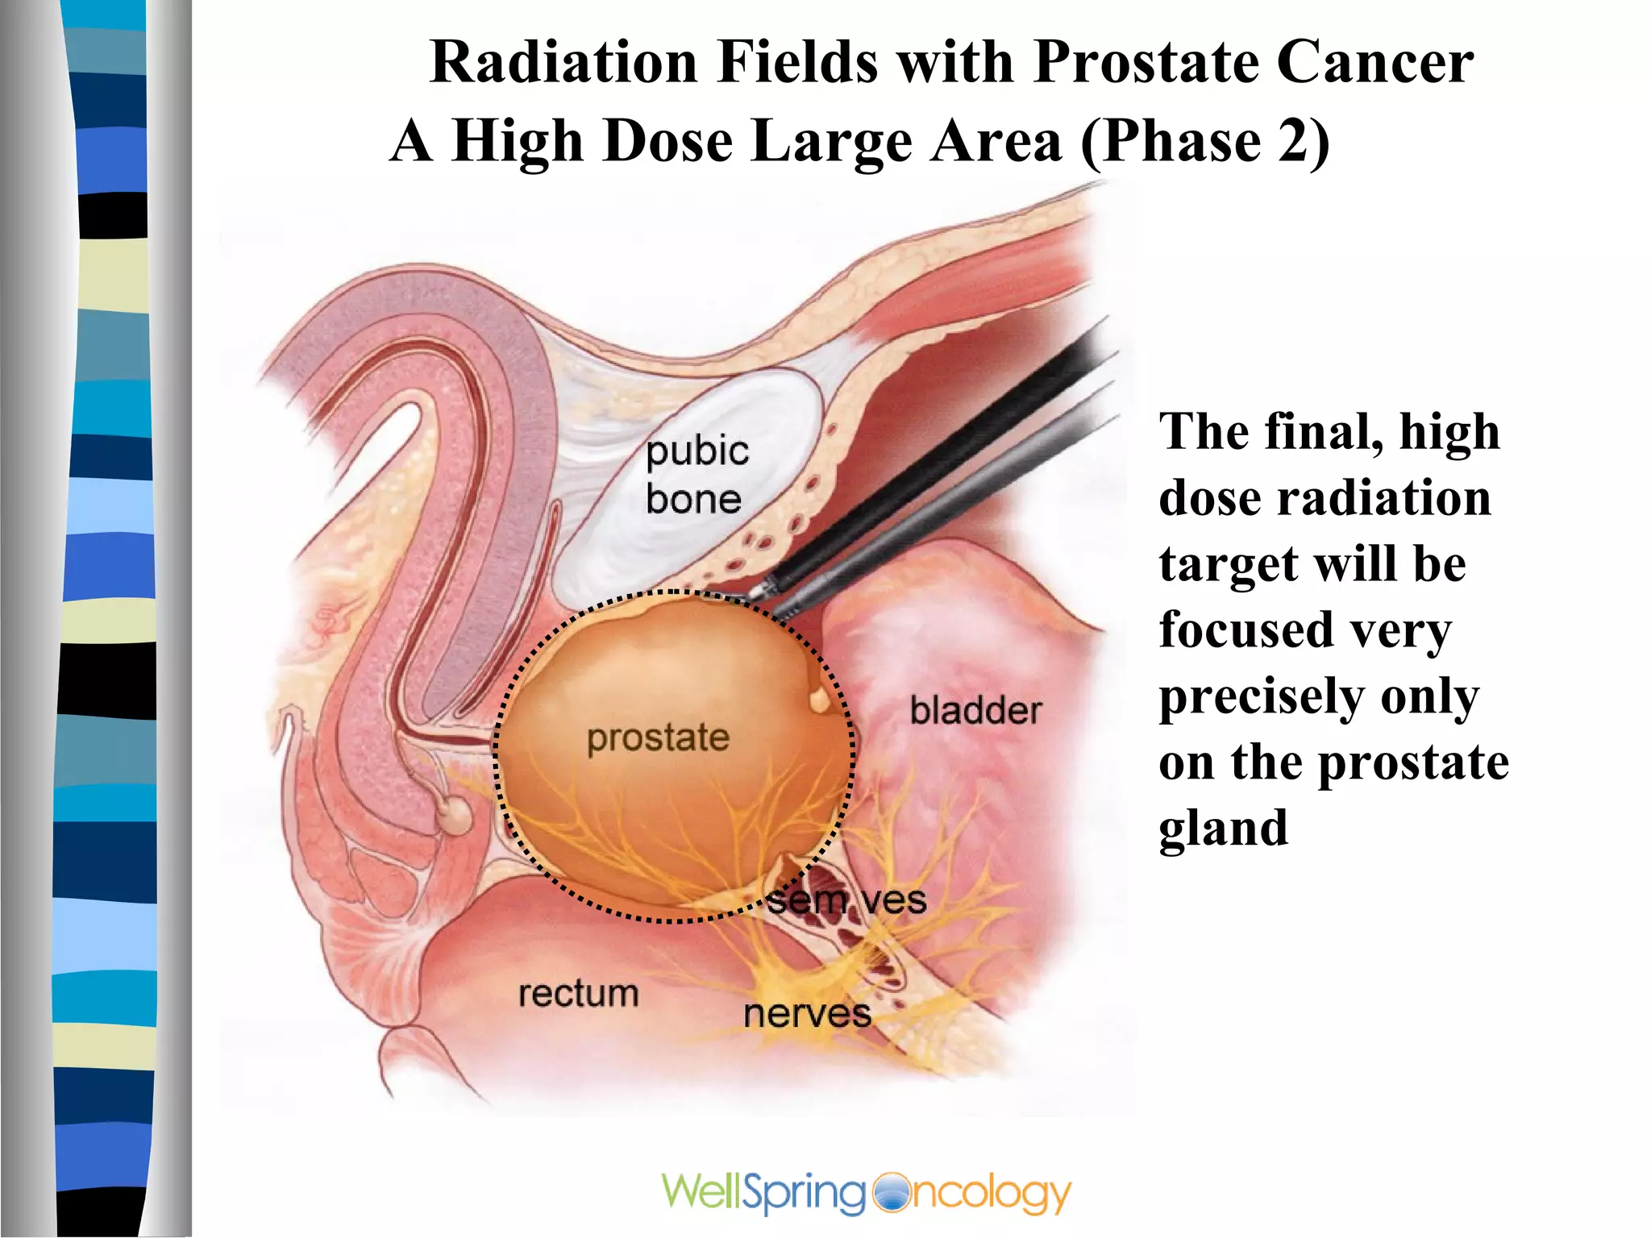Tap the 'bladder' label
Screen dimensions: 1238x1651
975,711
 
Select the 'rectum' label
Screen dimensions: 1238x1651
578,994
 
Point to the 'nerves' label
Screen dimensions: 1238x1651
807,1014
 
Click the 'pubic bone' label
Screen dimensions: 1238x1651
697,475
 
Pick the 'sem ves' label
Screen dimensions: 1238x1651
846,899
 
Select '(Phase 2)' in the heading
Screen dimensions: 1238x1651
1204,142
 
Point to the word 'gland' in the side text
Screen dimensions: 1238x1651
1223,829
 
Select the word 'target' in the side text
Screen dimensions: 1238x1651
1225,564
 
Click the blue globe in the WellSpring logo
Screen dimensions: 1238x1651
890,1193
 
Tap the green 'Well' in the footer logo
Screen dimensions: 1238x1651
700,1191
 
